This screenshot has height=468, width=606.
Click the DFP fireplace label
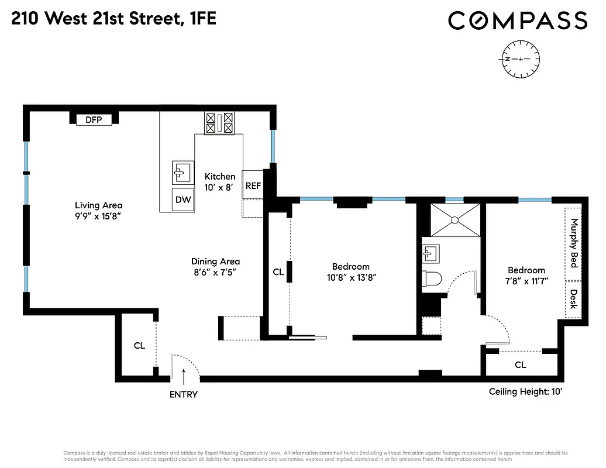[x=94, y=120]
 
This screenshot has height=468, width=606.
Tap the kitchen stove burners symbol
[x=219, y=123]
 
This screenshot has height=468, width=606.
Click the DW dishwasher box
[x=183, y=199]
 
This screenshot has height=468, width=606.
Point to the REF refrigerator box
[x=253, y=186]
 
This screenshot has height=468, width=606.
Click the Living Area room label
[x=98, y=205]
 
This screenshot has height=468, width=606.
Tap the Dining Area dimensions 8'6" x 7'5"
[x=215, y=272]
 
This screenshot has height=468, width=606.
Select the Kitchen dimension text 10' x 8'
[x=219, y=187]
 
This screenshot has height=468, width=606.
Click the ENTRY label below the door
[x=183, y=394]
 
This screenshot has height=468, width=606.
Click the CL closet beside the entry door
[x=139, y=346]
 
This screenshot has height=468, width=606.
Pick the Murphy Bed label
[x=574, y=243]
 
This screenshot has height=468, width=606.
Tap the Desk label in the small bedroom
[x=574, y=299]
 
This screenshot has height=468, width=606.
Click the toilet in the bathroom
[x=431, y=279]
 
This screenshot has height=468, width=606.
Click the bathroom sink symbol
[x=431, y=253]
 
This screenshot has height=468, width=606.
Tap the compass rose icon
[x=520, y=59]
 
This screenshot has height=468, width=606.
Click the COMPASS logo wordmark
[x=517, y=20]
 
